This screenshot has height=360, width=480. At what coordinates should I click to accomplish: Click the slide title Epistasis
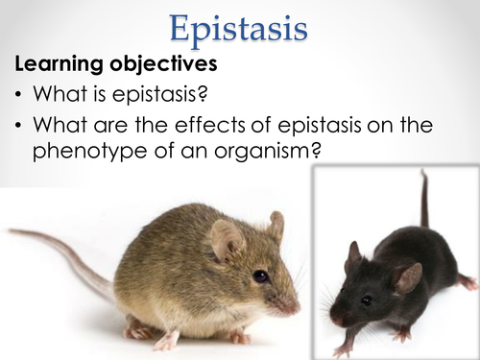pyautogui.click(x=240, y=26)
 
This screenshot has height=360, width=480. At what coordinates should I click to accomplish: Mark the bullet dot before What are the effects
pyautogui.click(x=20, y=127)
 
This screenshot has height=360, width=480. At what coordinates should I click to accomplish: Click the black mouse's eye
pyautogui.click(x=367, y=299)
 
